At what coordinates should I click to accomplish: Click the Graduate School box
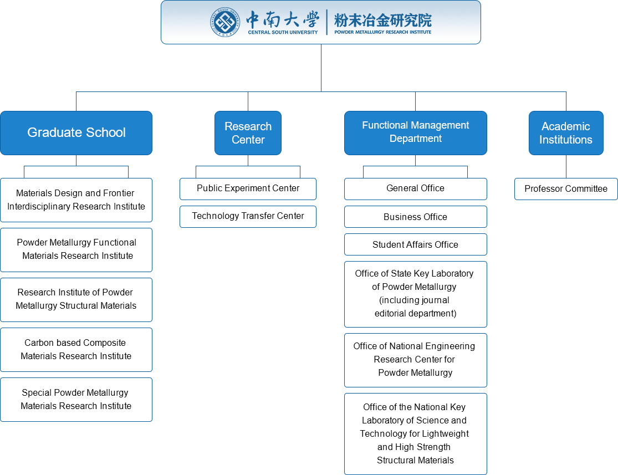tap(76, 133)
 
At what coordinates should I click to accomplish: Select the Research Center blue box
tap(248, 133)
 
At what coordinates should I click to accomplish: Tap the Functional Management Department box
tap(415, 132)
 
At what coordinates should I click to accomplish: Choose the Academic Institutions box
tap(565, 133)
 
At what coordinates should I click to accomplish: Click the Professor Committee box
tap(566, 189)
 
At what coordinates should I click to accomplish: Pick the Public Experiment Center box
tap(248, 188)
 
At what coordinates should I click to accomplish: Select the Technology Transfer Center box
tap(248, 216)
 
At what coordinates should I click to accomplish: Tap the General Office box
tap(415, 188)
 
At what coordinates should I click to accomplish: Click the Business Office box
tap(415, 217)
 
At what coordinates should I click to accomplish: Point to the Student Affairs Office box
tap(415, 244)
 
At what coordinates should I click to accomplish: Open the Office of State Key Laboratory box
tap(415, 294)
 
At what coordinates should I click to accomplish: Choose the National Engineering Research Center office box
tap(415, 360)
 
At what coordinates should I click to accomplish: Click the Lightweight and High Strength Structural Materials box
tap(415, 433)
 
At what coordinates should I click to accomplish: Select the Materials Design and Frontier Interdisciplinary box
tap(76, 200)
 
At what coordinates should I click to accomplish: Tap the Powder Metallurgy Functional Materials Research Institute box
tap(76, 249)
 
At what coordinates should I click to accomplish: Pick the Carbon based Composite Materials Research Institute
tap(76, 350)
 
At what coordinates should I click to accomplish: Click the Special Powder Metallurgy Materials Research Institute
tap(76, 400)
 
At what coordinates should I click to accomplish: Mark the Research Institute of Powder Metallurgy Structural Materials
tap(76, 299)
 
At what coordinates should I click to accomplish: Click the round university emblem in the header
tap(225, 23)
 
